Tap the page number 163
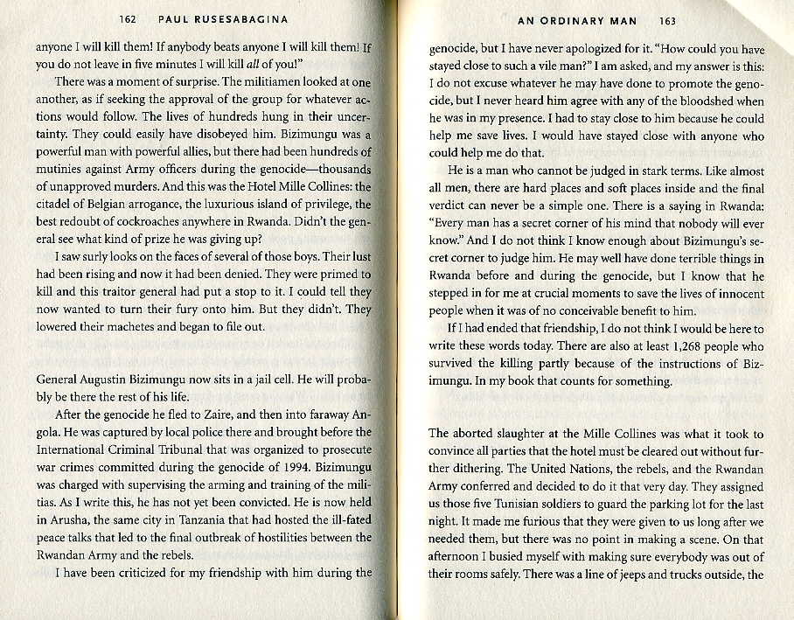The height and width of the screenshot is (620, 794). pyautogui.click(x=668, y=20)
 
